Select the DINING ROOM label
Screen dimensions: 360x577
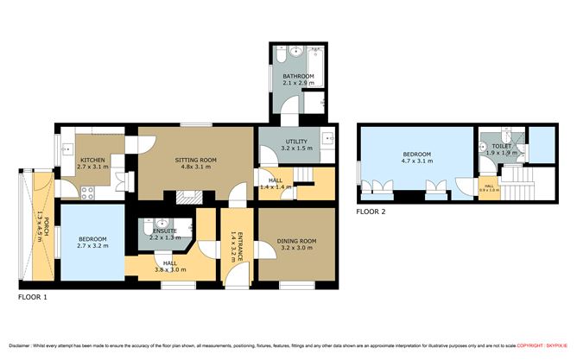(295, 241)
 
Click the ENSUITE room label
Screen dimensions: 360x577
(164, 231)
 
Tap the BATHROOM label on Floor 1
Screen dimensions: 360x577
(297, 77)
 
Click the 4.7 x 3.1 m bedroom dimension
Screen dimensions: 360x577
(417, 161)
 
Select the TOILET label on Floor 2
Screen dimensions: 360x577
(501, 147)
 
